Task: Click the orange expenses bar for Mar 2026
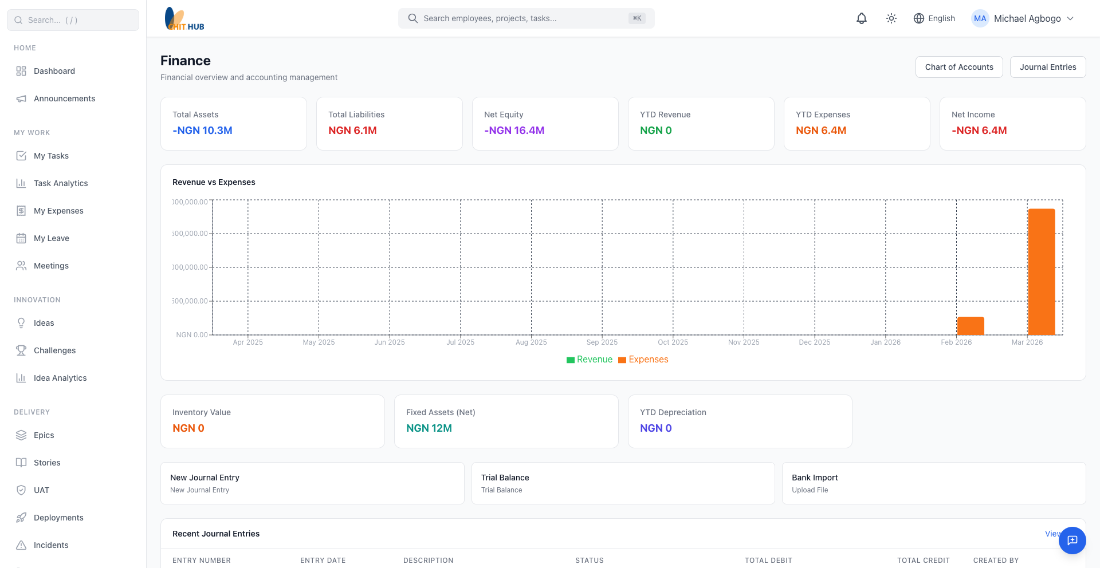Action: coord(1041,271)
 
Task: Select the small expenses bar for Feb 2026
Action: coord(971,326)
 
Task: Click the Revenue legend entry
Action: coord(590,360)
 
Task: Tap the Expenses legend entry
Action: coord(643,360)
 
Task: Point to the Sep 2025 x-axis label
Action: coord(602,342)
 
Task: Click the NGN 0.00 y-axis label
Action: coord(192,335)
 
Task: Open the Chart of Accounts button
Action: coord(958,67)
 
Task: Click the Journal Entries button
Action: coord(1047,67)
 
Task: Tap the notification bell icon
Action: coord(861,18)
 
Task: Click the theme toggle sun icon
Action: coord(891,18)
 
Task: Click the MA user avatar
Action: coord(980,18)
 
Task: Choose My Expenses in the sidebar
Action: coord(58,211)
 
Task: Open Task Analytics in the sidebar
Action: coord(61,183)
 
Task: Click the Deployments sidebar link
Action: coord(58,518)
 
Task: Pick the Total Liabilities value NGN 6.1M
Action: coord(352,131)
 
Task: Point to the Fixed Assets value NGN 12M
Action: coord(429,428)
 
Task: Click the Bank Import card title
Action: coord(814,478)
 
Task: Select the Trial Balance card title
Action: coord(505,478)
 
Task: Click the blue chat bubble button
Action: coord(1072,541)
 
